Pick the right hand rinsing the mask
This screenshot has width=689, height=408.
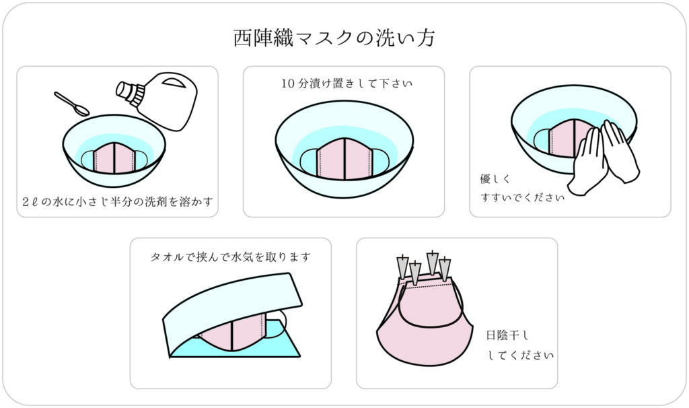(x=620, y=149)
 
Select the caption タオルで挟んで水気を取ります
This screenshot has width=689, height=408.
(x=230, y=257)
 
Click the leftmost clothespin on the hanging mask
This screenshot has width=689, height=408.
(x=403, y=266)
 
